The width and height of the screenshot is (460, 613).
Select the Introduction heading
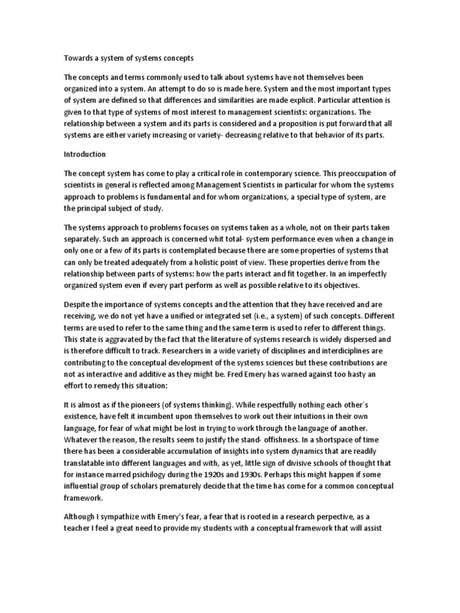[x=85, y=154]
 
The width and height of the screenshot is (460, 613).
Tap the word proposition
[x=285, y=123]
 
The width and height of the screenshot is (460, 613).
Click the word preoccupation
[x=332, y=173]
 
